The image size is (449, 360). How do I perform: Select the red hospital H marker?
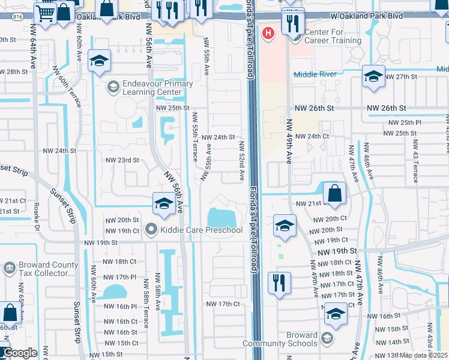click(269, 32)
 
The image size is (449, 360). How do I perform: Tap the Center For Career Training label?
click(333, 36)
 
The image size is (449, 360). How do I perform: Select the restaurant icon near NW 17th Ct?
click(279, 284)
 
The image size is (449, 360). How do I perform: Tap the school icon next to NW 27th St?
click(373, 77)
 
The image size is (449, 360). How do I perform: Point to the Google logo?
click(20, 353)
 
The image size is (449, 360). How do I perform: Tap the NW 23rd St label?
click(122, 161)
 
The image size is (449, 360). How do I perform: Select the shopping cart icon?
click(46, 12)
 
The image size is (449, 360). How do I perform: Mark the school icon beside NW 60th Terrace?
click(99, 61)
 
